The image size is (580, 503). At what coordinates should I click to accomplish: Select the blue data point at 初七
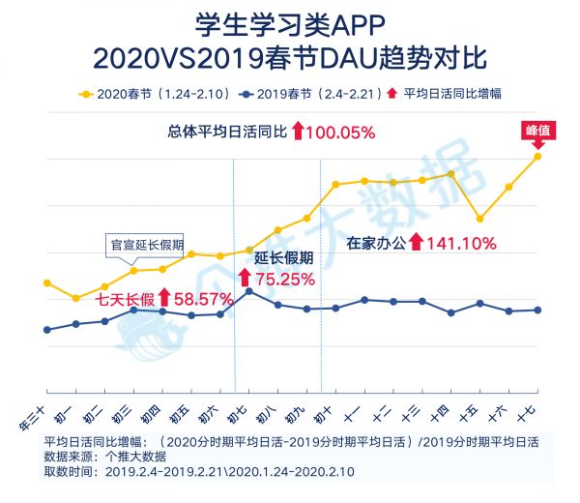tap(249, 291)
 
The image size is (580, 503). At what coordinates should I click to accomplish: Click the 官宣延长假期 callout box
tap(144, 245)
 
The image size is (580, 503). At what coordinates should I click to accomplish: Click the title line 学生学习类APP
tap(290, 24)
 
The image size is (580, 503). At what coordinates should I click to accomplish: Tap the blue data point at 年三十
tap(46, 330)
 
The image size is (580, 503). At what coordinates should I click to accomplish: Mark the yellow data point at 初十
tap(335, 184)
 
